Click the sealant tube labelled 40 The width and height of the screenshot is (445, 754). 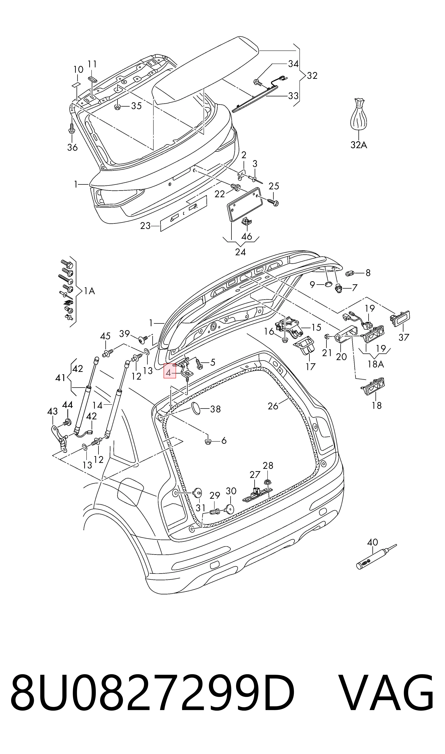pyautogui.click(x=376, y=557)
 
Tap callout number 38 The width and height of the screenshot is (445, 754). pyautogui.click(x=215, y=409)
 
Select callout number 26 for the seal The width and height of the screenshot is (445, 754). pyautogui.click(x=273, y=406)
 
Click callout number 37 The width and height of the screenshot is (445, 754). pyautogui.click(x=404, y=337)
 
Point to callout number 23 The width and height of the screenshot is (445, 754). pyautogui.click(x=145, y=225)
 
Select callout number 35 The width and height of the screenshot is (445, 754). pyautogui.click(x=136, y=106)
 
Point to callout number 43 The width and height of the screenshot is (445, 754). pyautogui.click(x=53, y=411)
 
